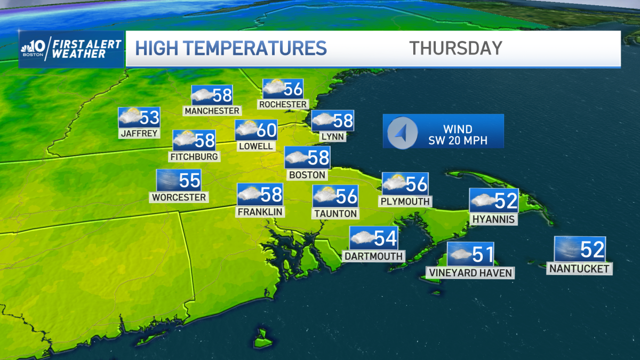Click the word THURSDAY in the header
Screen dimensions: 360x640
click(455, 48)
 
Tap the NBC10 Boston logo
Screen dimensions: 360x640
click(35, 49)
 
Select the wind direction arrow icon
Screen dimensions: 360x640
click(402, 131)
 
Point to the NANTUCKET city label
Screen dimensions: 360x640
click(579, 269)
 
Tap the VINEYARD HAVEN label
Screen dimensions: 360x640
click(470, 273)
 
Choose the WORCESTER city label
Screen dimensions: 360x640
click(179, 197)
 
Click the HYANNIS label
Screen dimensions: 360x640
click(493, 219)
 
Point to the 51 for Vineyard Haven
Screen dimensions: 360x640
click(482, 254)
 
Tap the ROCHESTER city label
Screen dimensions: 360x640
click(283, 104)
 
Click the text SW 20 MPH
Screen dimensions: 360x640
click(458, 141)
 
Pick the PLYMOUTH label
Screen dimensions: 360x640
click(405, 201)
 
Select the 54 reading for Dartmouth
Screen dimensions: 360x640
click(385, 238)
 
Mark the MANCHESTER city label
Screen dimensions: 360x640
click(212, 110)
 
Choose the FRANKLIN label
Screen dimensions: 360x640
click(260, 211)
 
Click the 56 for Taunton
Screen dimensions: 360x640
click(346, 196)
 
